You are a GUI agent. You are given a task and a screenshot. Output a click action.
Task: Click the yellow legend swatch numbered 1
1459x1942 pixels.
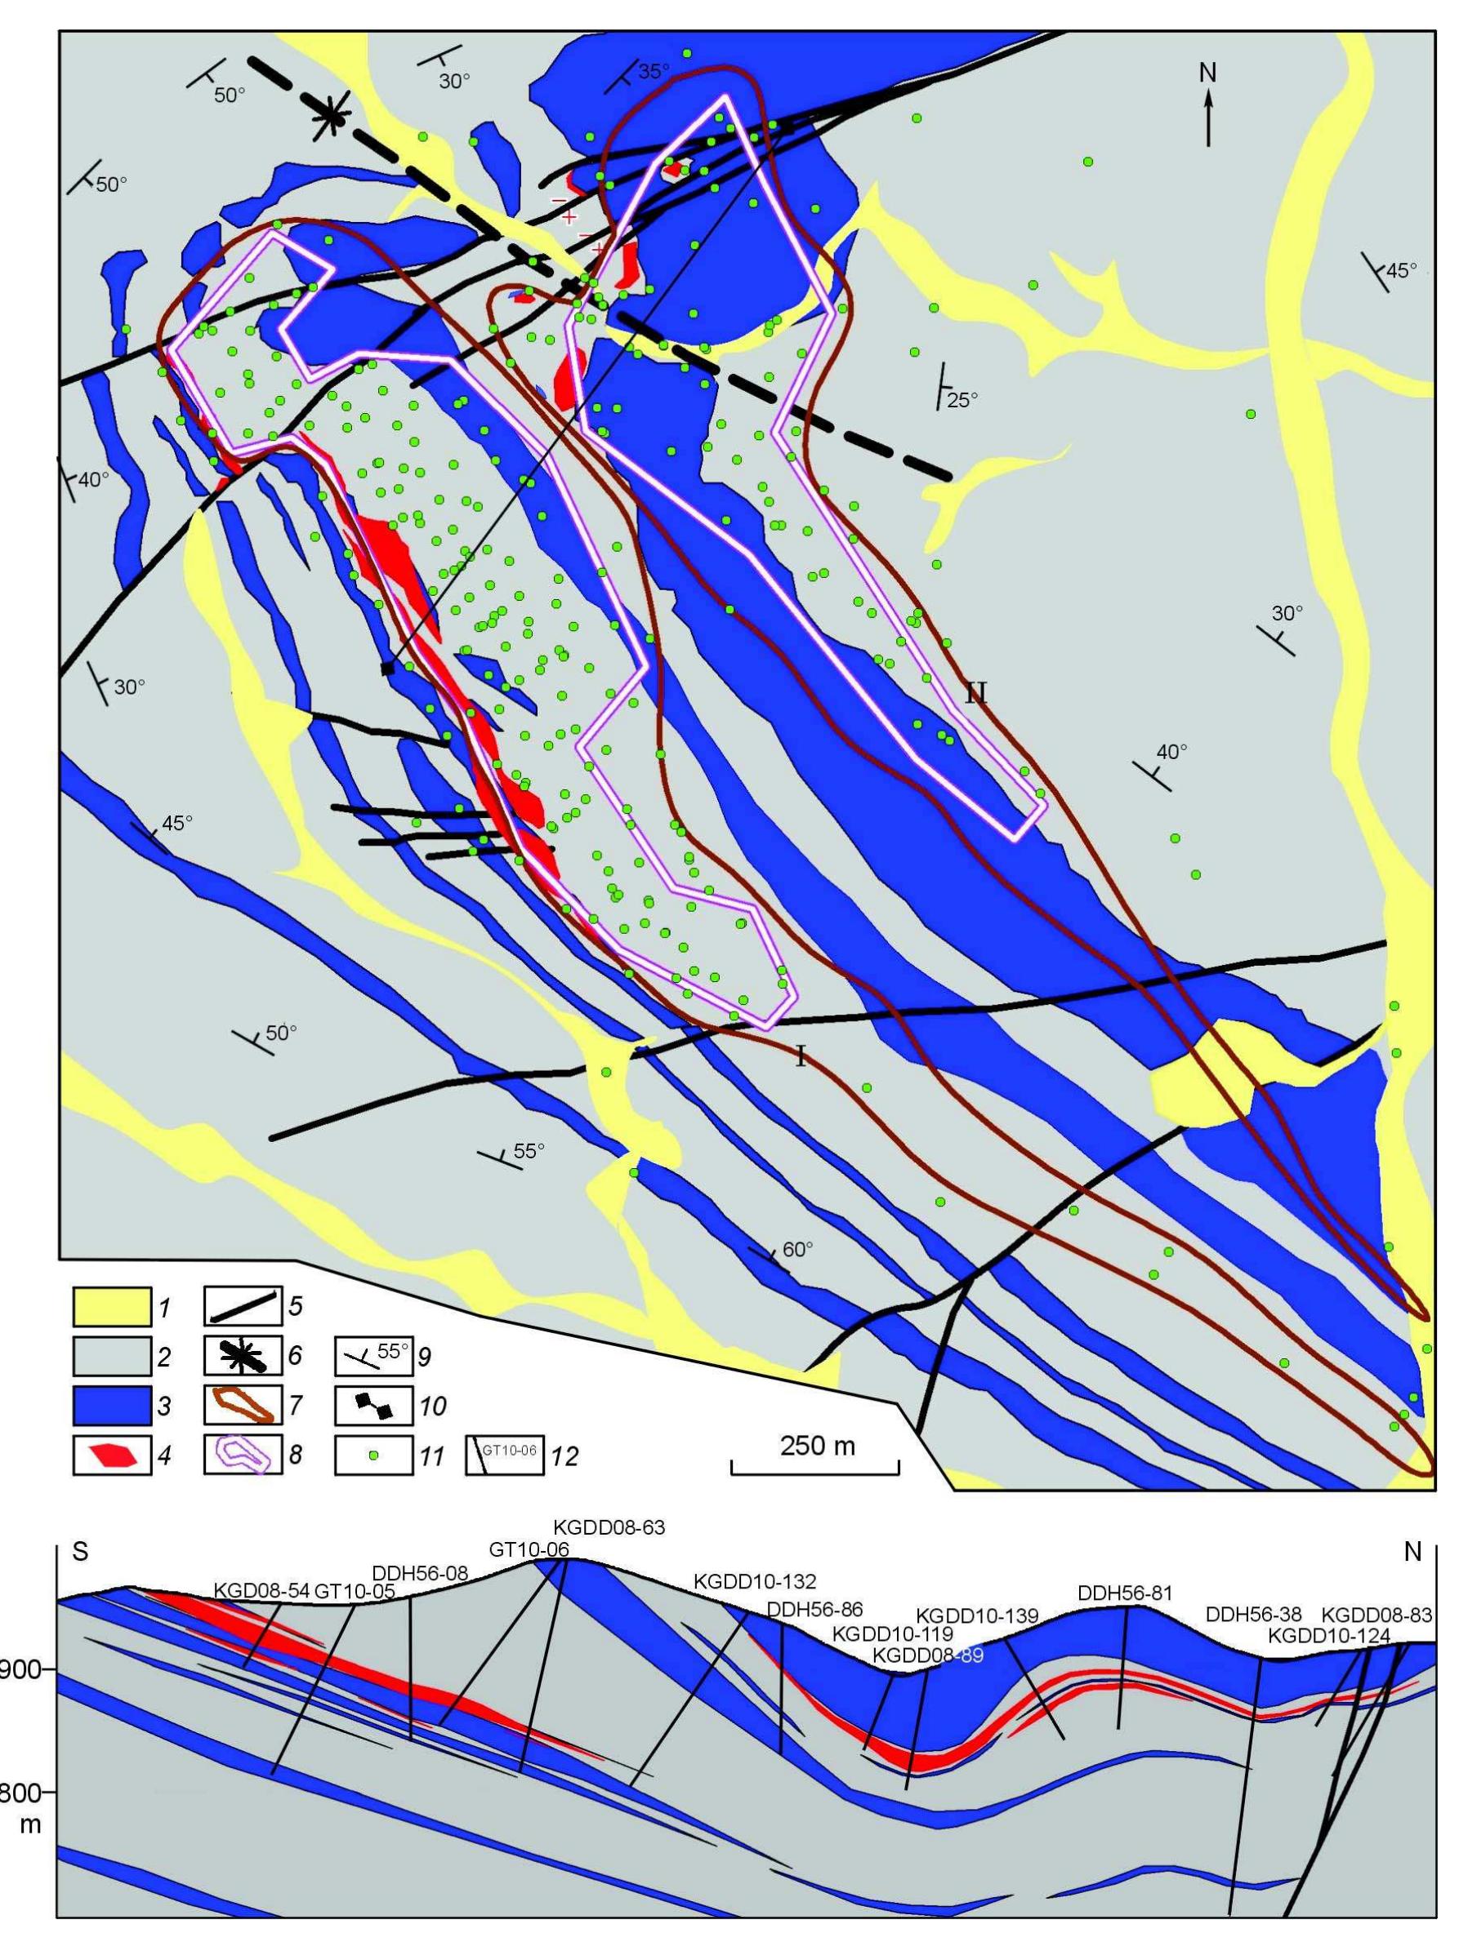(109, 1308)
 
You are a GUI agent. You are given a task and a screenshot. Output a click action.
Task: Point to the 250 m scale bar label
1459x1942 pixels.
(816, 1446)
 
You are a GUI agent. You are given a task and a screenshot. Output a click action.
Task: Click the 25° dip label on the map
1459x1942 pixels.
(962, 400)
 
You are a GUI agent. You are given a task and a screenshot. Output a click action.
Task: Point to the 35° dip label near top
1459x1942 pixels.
(653, 72)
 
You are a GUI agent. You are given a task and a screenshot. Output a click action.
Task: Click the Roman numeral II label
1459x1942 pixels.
(976, 694)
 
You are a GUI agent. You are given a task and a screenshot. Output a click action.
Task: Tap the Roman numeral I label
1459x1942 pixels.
(801, 1057)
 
